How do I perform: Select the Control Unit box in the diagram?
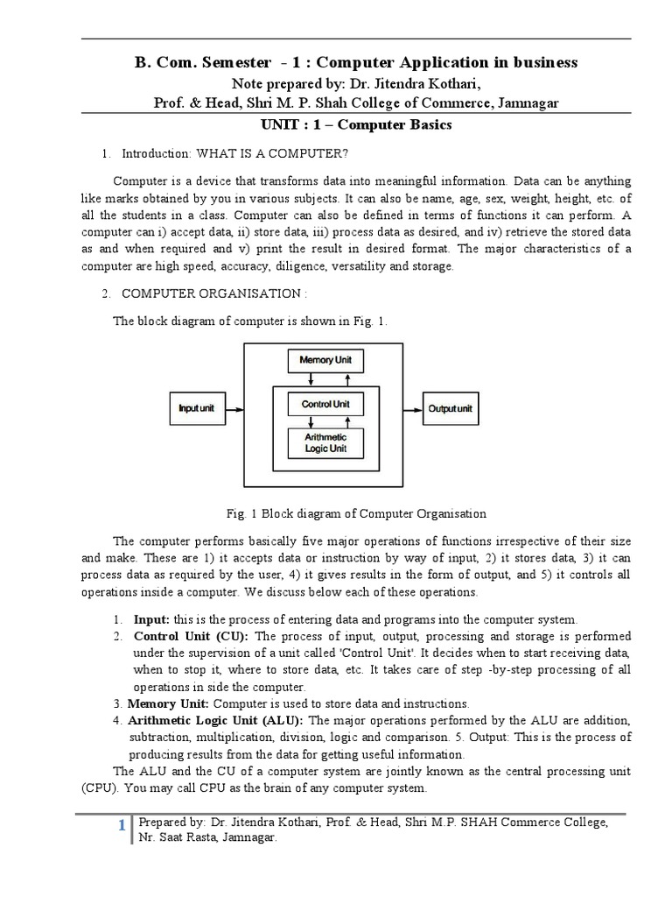point(325,404)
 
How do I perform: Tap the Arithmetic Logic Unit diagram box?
point(325,442)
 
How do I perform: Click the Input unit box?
point(197,408)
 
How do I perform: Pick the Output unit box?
point(451,408)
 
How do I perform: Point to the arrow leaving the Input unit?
point(234,408)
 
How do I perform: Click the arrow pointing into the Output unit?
point(413,408)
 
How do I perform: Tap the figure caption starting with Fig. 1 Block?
point(355,513)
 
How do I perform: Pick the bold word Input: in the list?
point(151,618)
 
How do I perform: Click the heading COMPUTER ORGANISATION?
point(214,292)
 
